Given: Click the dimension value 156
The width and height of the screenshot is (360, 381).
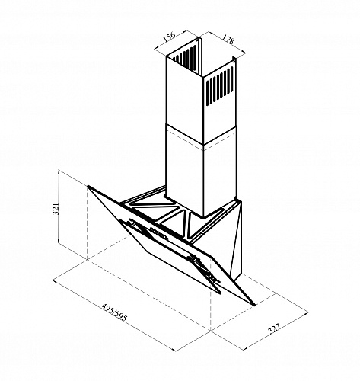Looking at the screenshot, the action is [169, 36].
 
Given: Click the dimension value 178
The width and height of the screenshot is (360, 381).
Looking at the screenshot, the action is [228, 39].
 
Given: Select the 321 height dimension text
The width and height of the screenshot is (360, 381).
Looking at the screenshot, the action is [56, 209].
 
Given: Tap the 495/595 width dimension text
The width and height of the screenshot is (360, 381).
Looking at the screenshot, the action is [114, 312].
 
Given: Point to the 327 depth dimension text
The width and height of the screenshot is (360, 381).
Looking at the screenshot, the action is [274, 328].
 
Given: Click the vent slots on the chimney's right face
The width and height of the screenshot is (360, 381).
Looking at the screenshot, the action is [220, 86].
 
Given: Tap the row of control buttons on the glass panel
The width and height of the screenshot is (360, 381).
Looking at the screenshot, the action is [159, 233].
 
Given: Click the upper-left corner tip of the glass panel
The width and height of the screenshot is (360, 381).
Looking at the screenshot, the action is [88, 186].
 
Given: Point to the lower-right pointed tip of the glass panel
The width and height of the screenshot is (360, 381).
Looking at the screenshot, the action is [254, 304].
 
